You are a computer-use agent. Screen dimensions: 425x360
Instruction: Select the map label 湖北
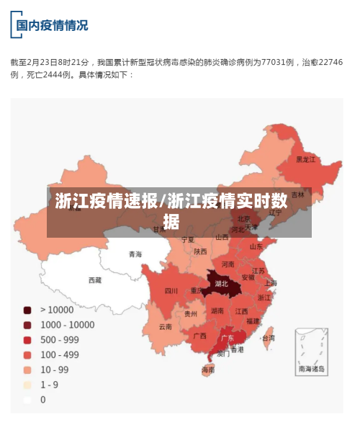pos(221,284)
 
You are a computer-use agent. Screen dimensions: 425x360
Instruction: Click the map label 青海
pos(135,254)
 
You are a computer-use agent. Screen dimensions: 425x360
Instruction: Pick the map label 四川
pos(171,291)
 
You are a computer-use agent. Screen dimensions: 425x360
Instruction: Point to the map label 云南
pos(166,326)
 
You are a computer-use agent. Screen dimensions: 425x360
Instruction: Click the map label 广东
pos(227,337)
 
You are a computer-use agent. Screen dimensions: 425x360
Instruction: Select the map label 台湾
pos(268,337)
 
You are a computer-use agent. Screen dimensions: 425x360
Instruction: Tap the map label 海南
pos(208,370)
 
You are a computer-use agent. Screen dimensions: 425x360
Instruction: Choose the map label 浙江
pos(265,297)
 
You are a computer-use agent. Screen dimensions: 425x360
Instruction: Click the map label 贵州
pos(190,314)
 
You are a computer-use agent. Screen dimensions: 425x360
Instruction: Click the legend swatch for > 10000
pos(27,310)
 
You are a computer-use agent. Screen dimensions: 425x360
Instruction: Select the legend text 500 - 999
pos(60,340)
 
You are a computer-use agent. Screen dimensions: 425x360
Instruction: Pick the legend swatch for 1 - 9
pos(27,385)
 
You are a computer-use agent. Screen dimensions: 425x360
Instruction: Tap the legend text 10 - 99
pos(55,370)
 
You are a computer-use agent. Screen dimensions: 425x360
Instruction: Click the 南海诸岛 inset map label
pos(312,368)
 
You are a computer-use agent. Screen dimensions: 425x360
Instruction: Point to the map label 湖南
pos(217,311)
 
